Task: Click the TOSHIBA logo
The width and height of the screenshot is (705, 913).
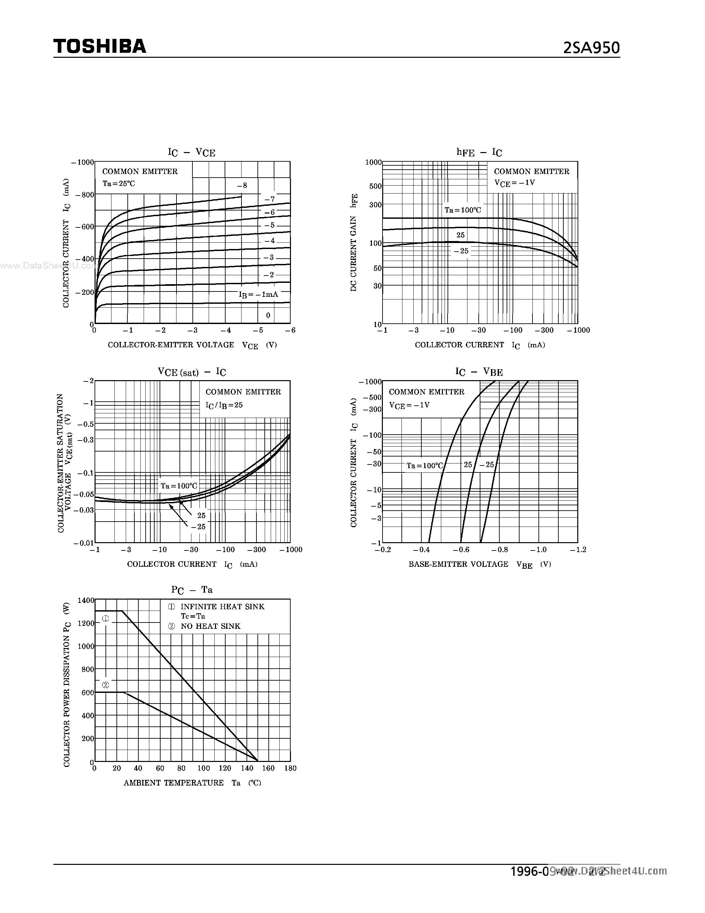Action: (x=100, y=46)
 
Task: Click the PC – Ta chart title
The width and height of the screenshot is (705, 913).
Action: (x=192, y=590)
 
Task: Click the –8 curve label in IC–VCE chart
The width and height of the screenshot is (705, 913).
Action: (x=242, y=186)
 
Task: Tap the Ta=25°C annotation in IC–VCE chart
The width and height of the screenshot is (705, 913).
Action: (x=119, y=184)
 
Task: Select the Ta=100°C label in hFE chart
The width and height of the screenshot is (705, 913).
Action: (x=463, y=210)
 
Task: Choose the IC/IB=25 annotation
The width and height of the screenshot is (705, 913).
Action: (x=224, y=405)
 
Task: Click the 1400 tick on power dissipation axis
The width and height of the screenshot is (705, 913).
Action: (x=86, y=600)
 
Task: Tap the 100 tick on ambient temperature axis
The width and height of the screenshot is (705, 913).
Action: (x=203, y=768)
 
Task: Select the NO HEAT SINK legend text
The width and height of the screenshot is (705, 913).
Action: (x=210, y=626)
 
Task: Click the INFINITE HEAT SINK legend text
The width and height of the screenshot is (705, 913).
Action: (x=222, y=607)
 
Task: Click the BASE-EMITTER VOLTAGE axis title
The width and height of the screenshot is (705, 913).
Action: (x=458, y=564)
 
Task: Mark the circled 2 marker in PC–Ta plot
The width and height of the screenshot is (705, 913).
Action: (x=105, y=685)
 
